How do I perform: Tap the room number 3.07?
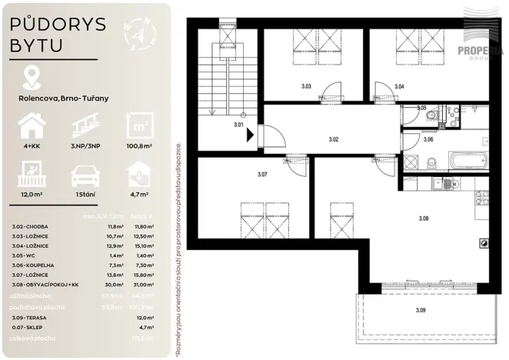pyautogui.click(x=263, y=175)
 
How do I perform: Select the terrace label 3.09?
pyautogui.click(x=419, y=311)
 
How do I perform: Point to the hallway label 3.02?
pyautogui.click(x=334, y=139)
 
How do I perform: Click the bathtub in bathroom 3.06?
pyautogui.click(x=463, y=162)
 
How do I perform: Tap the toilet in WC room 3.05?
pyautogui.click(x=433, y=116)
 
